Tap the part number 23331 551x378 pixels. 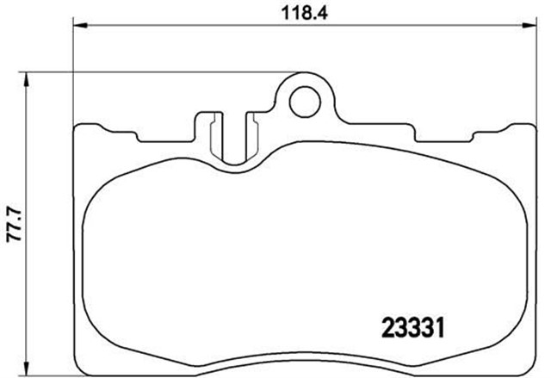[412, 328]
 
